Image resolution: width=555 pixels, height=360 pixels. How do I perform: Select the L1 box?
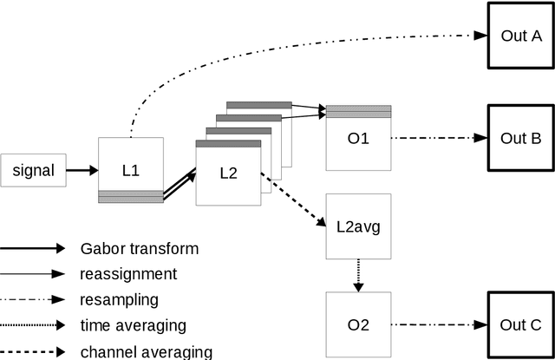pos(130,170)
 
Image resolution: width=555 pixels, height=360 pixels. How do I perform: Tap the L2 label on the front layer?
pos(228,173)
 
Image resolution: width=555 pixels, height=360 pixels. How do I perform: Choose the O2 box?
pos(358,325)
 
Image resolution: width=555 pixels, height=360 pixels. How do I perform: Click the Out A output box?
pos(521,36)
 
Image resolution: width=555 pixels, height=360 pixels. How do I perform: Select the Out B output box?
pos(521,137)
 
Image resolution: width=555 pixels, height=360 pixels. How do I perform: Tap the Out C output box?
pos(521,325)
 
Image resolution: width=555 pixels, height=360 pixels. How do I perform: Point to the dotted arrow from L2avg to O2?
pos(358,276)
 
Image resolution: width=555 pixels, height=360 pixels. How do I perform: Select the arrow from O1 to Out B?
pos(438,137)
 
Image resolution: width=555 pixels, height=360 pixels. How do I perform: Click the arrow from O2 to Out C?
pos(438,325)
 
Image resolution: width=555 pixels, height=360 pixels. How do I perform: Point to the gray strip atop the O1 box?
pos(358,111)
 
